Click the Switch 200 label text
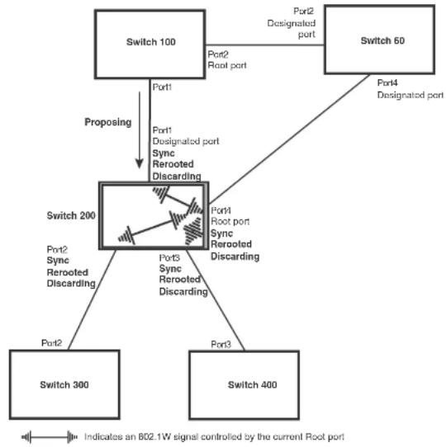71,215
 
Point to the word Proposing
108,122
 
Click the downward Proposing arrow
140,130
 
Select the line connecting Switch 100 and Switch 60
264,45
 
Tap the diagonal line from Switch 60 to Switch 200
289,139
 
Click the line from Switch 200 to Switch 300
92,299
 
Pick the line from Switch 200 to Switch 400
216,300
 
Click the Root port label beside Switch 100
227,65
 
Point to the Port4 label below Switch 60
387,82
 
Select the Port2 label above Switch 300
52,342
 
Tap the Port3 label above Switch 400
221,345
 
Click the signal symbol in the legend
49,436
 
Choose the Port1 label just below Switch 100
162,87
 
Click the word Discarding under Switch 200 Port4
235,256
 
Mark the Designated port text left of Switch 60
292,29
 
